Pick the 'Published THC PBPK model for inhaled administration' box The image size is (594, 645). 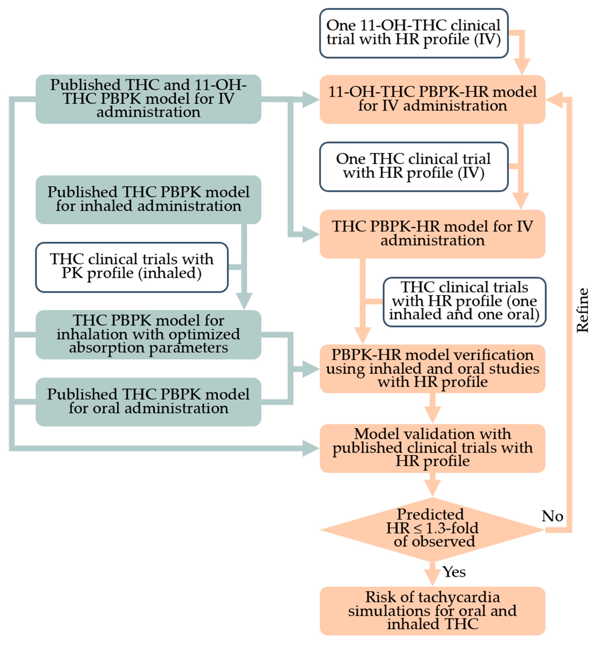coord(148,199)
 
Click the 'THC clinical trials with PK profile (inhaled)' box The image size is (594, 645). coord(132,267)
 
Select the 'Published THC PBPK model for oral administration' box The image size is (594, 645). coord(148,402)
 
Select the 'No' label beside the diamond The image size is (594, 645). coord(552,516)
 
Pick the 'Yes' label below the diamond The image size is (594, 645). coord(454,572)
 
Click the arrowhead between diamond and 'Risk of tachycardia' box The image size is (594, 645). coord(432,577)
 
